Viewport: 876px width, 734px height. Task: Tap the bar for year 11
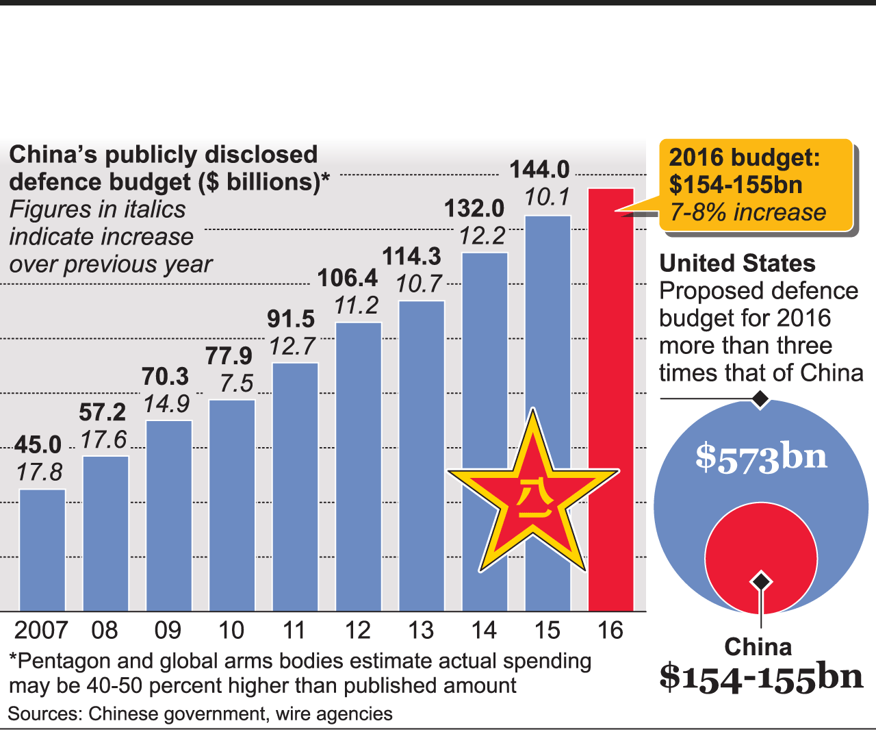pyautogui.click(x=296, y=486)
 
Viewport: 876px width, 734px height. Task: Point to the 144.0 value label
pyautogui.click(x=539, y=169)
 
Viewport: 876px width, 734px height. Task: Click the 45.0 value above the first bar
pyautogui.click(x=38, y=445)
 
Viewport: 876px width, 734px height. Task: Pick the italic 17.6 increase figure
pyautogui.click(x=104, y=440)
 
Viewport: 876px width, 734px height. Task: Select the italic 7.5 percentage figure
pyautogui.click(x=237, y=383)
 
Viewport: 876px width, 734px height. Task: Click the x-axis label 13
pyautogui.click(x=420, y=630)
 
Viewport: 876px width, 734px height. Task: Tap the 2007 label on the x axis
pyautogui.click(x=41, y=630)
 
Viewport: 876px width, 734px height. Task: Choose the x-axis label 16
pyautogui.click(x=610, y=630)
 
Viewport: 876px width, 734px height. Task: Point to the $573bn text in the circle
pyautogui.click(x=761, y=457)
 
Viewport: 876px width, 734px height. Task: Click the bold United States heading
pyautogui.click(x=737, y=264)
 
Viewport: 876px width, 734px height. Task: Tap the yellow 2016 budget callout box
pyautogui.click(x=756, y=185)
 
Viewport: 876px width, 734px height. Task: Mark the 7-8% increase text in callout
pyautogui.click(x=748, y=212)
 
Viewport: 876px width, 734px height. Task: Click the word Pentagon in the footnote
pyautogui.click(x=64, y=661)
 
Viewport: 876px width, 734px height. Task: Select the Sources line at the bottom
pyautogui.click(x=200, y=714)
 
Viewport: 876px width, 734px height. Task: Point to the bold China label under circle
pyautogui.click(x=758, y=647)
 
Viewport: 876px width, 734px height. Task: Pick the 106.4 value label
pyautogui.click(x=348, y=278)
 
